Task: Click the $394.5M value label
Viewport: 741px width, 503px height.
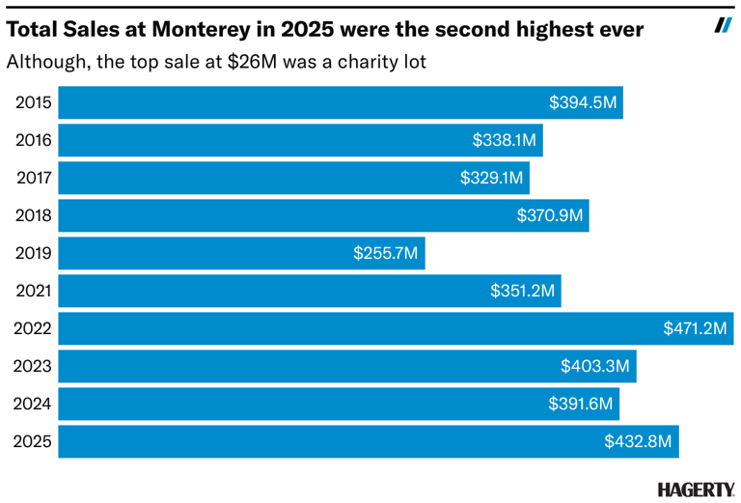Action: pos(582,102)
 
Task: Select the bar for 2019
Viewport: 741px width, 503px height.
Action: pos(241,253)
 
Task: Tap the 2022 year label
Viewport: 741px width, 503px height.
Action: pos(32,328)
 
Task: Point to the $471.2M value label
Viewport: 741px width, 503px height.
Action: pos(694,328)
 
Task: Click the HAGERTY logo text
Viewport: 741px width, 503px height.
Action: pos(696,489)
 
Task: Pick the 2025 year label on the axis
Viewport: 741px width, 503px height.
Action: pos(32,441)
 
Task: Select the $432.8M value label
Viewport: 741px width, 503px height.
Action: pos(638,441)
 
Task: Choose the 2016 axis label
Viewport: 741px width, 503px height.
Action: pos(32,140)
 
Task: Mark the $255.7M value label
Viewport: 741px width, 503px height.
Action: pos(385,253)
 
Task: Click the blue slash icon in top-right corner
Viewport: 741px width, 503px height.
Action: pos(723,25)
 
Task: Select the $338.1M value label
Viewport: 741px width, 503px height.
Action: pos(504,140)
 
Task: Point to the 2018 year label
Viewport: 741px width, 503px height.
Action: pos(32,215)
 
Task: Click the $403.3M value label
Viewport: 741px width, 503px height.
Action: pos(595,366)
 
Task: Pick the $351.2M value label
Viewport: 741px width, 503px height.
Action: pos(521,291)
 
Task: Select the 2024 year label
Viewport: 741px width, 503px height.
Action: pos(32,404)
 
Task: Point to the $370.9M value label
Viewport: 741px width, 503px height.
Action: pos(550,215)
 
